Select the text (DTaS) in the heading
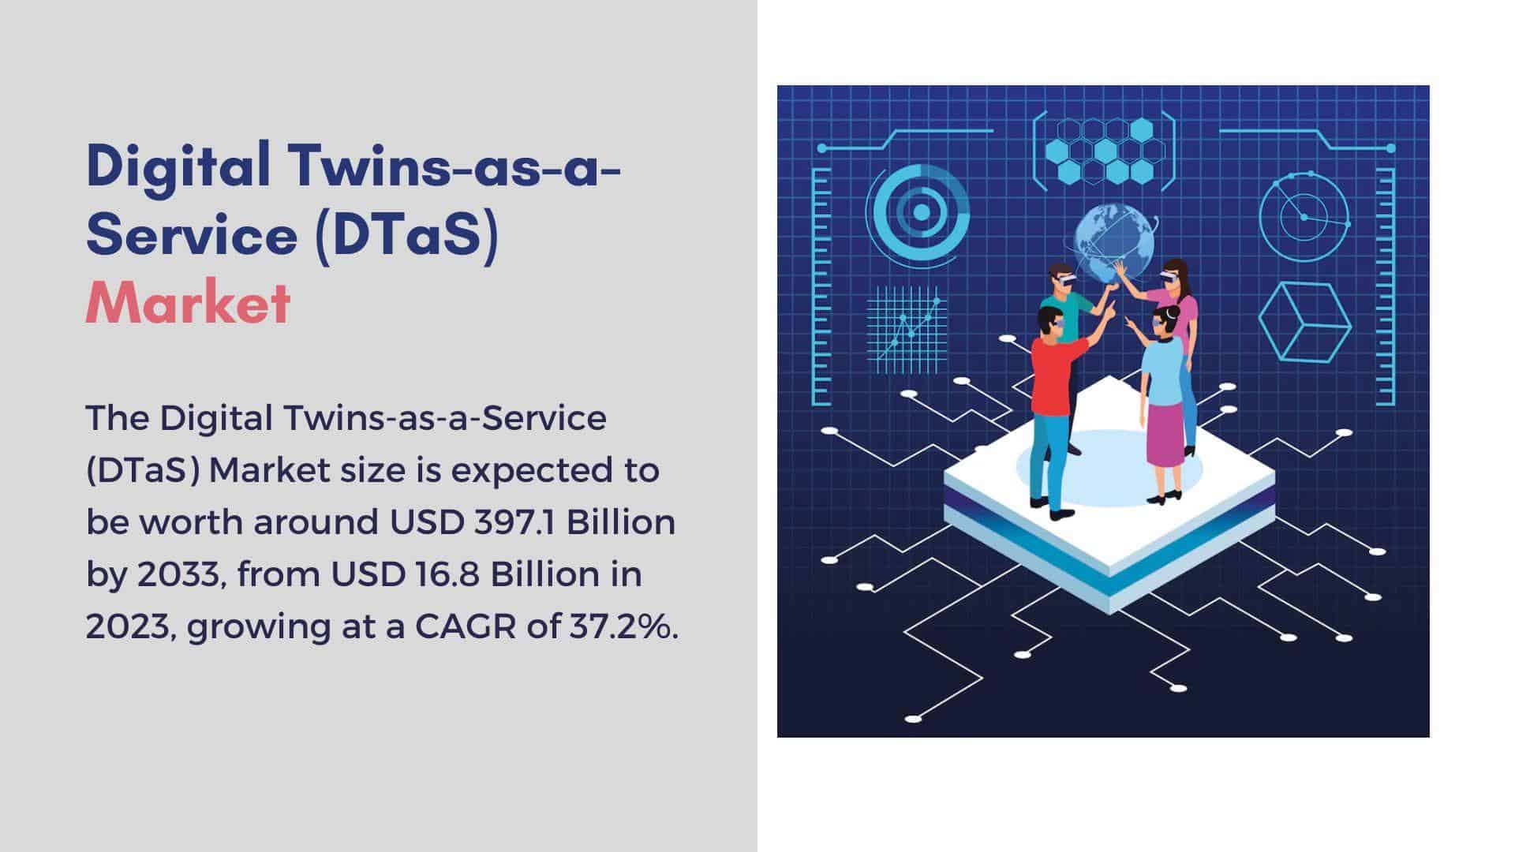406,234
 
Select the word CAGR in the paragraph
465,626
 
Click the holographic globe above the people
1113,241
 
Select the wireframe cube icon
1304,323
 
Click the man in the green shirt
1067,316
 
